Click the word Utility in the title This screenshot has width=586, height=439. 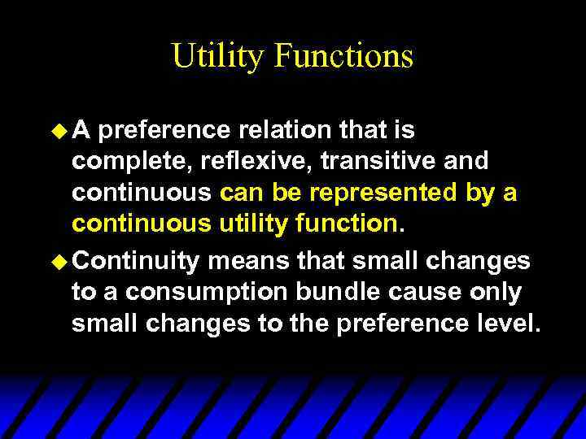217,57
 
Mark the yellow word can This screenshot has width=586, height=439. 241,194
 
